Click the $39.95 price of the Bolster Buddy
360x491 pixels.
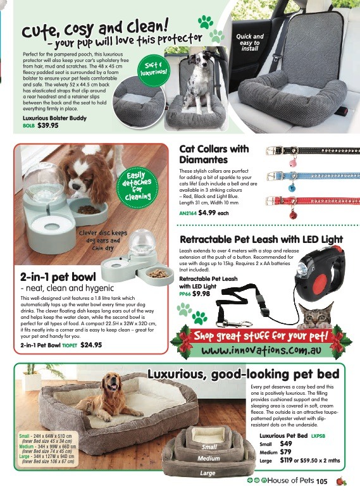pyautogui.click(x=47, y=125)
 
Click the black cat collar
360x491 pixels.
pyautogui.click(x=306, y=152)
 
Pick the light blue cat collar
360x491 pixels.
pyautogui.click(x=306, y=176)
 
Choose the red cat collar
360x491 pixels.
pyautogui.click(x=306, y=201)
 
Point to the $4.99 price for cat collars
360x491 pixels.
pyautogui.click(x=209, y=213)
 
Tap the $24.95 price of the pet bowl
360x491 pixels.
pyautogui.click(x=91, y=345)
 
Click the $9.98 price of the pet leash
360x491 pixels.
pyautogui.click(x=201, y=294)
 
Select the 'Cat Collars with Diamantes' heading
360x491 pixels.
pyautogui.click(x=214, y=154)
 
